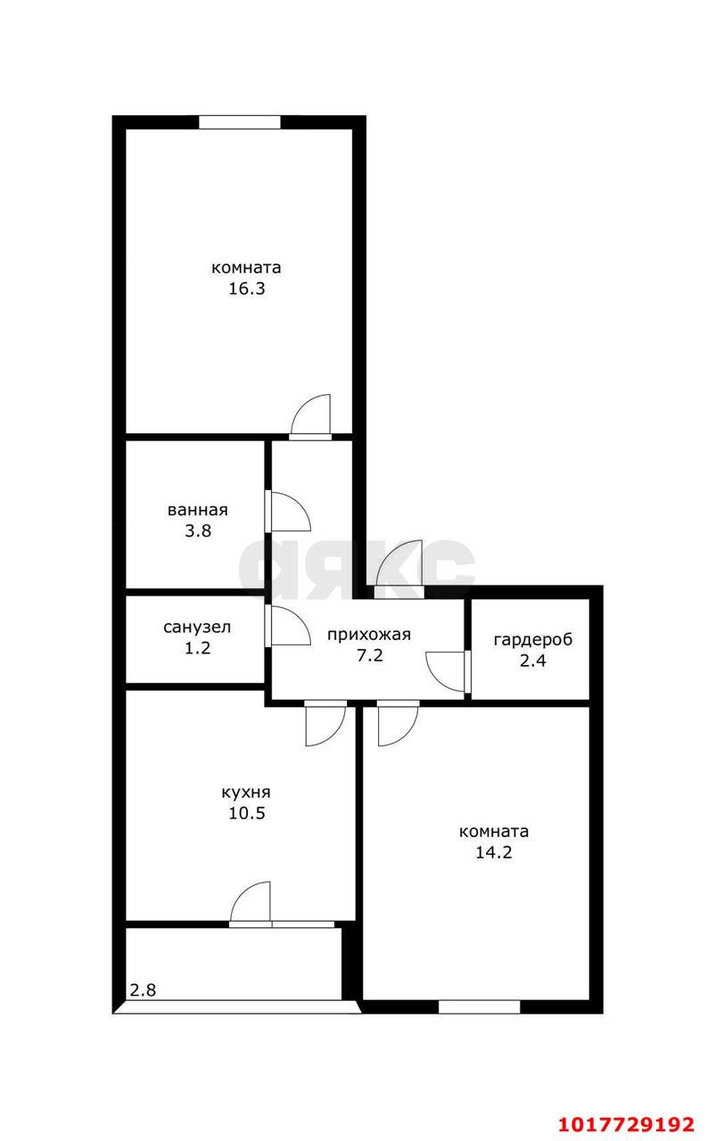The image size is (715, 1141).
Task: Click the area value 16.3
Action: (246, 289)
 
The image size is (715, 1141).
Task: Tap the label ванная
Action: (198, 510)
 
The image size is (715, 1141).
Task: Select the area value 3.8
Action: (198, 531)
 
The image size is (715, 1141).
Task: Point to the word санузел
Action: (197, 627)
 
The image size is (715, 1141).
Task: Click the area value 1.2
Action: (198, 648)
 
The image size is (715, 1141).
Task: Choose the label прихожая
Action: (369, 636)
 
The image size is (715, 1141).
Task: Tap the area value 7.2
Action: (370, 655)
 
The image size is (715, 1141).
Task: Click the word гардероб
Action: (533, 639)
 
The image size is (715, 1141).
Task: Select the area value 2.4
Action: (533, 661)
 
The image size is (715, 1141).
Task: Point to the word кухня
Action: (246, 792)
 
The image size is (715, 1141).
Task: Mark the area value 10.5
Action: (247, 813)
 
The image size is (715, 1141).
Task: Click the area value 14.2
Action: (494, 852)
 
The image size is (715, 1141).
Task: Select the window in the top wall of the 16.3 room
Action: (239, 122)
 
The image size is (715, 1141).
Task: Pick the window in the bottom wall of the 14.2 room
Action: (480, 1007)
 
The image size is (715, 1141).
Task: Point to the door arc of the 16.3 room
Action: (303, 407)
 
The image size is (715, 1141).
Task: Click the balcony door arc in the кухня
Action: (242, 894)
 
